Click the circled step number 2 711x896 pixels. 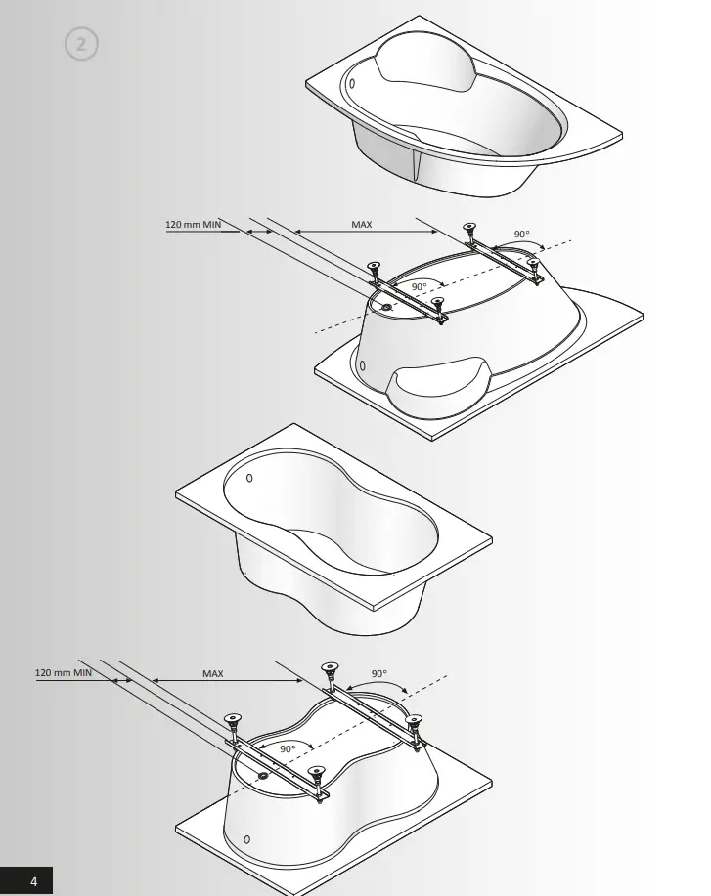point(82,45)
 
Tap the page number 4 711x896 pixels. point(34,881)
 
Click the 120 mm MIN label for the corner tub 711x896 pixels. point(194,225)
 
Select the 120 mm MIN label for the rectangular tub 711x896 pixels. point(65,673)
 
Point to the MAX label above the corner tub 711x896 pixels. point(362,225)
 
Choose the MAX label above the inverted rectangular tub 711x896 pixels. point(213,673)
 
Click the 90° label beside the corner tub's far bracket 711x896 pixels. point(522,235)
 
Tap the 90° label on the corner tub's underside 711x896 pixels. point(419,286)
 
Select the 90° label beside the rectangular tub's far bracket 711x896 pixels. point(379,673)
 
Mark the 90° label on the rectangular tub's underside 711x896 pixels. point(287,748)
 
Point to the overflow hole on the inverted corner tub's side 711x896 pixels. point(363,366)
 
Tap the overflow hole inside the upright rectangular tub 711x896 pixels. point(248,478)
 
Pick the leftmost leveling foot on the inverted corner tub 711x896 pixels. point(373,266)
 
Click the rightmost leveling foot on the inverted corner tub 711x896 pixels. point(533,262)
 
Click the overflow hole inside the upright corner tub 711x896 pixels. point(354,83)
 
